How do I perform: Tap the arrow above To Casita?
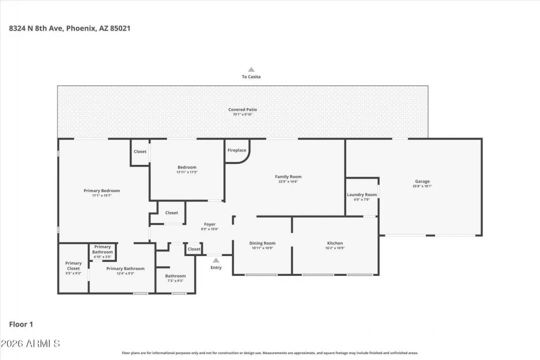tap(251, 70)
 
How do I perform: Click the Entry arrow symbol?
tap(216, 260)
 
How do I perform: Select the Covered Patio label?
tap(243, 109)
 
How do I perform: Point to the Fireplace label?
tap(237, 150)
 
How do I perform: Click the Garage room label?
tap(422, 181)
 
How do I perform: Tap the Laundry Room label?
tap(362, 194)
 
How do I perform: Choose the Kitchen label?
tap(335, 243)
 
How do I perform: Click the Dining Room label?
tap(262, 243)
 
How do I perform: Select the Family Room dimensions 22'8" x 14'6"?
tap(288, 181)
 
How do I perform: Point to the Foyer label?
tap(210, 224)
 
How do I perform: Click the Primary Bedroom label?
tap(101, 190)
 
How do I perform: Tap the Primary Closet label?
tap(73, 266)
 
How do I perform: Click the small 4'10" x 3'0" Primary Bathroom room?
tap(102, 251)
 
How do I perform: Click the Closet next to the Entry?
tap(194, 249)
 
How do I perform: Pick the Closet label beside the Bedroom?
tap(140, 151)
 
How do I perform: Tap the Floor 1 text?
tap(21, 324)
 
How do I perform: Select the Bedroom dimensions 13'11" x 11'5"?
tap(187, 172)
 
